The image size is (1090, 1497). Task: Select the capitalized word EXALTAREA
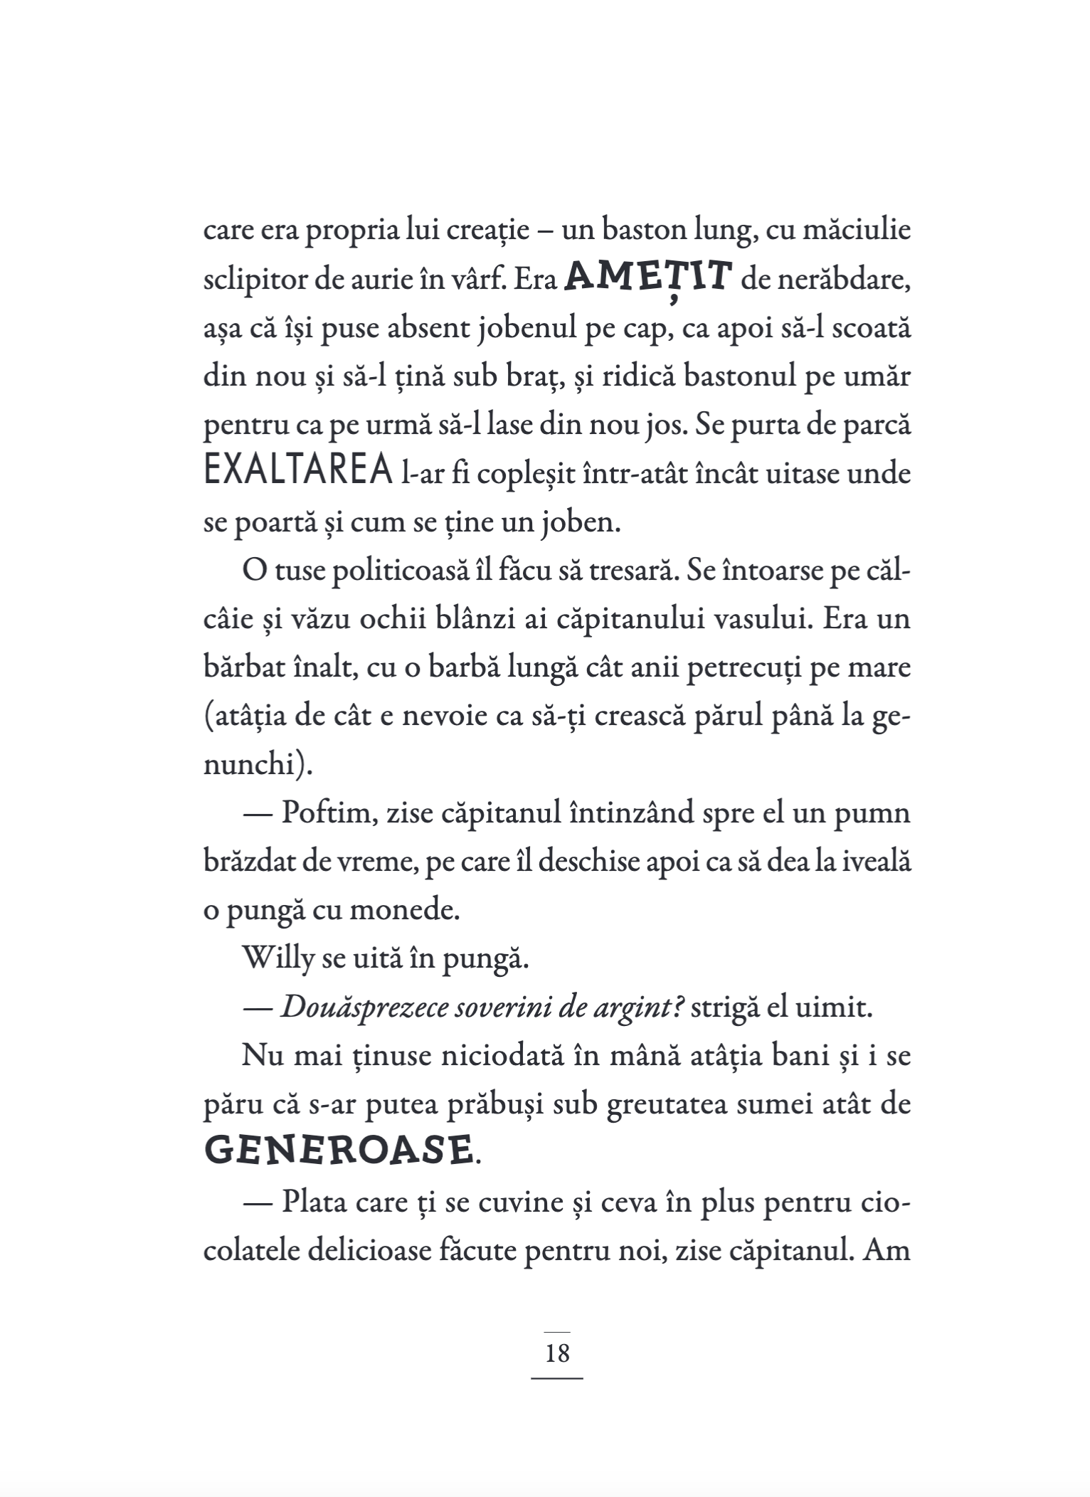(298, 472)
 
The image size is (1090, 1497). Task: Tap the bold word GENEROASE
(339, 1150)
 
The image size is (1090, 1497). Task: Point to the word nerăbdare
(826, 280)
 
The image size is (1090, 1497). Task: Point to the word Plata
(315, 1202)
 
